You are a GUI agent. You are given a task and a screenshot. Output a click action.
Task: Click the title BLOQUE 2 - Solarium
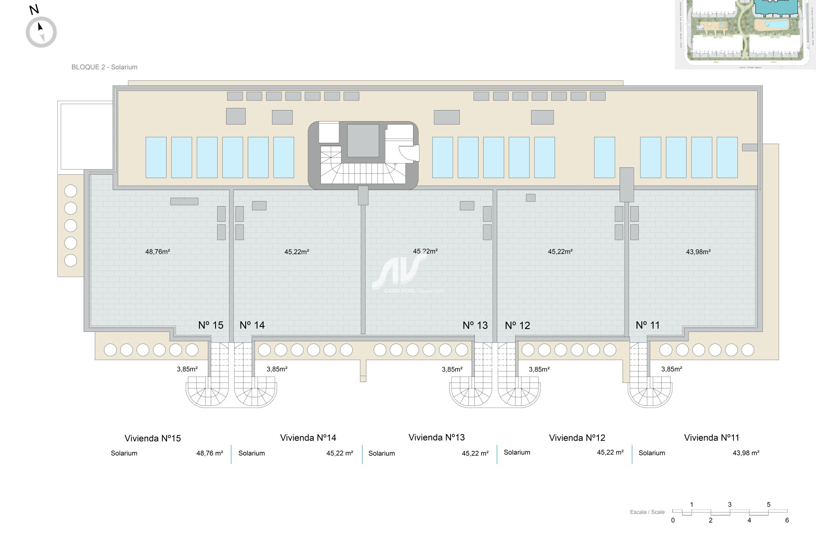104,67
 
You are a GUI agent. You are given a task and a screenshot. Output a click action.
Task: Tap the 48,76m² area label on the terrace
158,252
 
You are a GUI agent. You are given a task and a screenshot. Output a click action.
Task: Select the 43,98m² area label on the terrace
698,252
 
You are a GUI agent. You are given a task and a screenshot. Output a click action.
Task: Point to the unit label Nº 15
211,325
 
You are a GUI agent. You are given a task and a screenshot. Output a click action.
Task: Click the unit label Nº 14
252,325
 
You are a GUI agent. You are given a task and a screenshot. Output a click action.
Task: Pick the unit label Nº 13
475,325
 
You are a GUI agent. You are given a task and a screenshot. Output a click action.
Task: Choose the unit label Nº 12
518,326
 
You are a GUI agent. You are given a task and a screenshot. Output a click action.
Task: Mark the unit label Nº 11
648,325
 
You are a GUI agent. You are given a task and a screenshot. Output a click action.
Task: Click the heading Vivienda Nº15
153,438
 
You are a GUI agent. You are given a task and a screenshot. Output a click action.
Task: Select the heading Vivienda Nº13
436,437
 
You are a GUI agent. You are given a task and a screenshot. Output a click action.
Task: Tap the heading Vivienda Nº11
712,438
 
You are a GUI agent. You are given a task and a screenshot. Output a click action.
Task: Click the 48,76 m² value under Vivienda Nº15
210,453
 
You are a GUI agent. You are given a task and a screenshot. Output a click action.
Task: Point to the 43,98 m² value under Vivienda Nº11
746,453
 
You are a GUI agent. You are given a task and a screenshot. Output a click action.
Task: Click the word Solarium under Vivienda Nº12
517,453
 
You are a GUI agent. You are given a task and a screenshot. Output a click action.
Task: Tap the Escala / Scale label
647,512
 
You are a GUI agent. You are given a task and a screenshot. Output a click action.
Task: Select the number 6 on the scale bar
787,520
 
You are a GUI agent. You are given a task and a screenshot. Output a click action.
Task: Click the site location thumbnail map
745,34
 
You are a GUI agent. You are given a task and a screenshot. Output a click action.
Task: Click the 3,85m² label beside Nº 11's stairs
671,369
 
